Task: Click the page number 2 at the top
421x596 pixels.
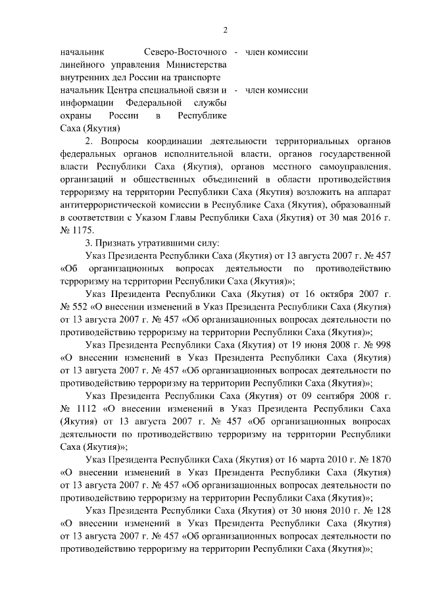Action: point(225,30)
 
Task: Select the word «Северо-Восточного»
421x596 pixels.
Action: point(185,51)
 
